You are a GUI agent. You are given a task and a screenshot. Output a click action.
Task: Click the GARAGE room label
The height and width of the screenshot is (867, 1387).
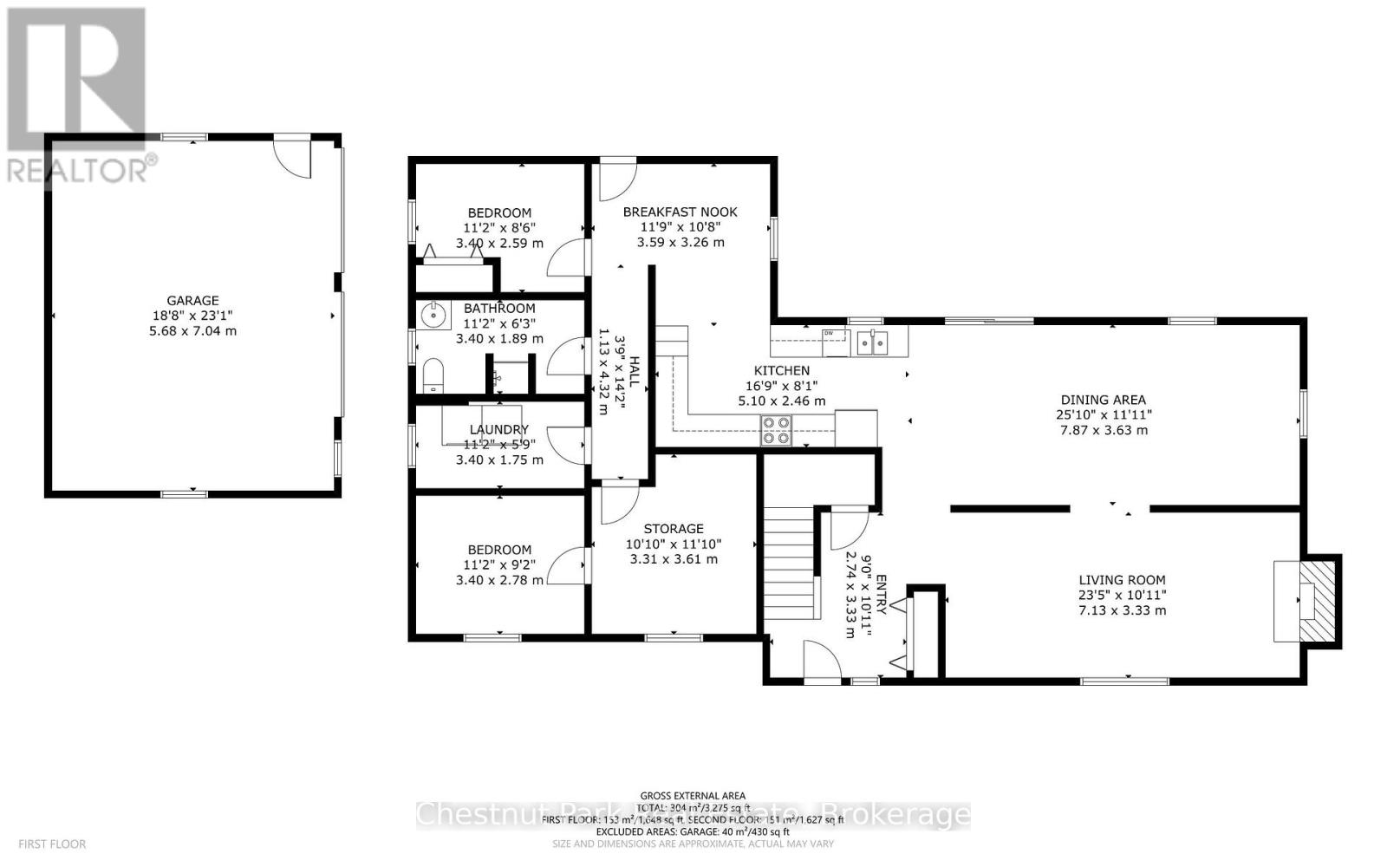(x=192, y=301)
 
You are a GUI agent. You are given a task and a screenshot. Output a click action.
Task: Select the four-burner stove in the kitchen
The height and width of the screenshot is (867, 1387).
(x=776, y=430)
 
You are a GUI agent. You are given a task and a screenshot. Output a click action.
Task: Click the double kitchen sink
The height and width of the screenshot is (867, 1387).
(x=872, y=343)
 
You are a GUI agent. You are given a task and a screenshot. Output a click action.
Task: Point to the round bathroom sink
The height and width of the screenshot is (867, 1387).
(x=433, y=316)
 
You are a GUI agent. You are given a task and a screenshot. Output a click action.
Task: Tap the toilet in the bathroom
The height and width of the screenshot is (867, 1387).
(x=432, y=377)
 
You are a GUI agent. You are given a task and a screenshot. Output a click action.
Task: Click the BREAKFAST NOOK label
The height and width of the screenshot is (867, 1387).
(x=680, y=212)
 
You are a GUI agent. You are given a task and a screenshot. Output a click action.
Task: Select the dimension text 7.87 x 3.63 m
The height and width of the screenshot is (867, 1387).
(x=1103, y=430)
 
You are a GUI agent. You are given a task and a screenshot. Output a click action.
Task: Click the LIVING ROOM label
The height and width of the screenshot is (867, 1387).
(x=1122, y=580)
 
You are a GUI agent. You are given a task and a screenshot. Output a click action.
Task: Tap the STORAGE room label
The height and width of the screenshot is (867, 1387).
(x=674, y=528)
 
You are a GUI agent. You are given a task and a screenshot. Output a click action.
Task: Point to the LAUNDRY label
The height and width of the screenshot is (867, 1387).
(x=498, y=429)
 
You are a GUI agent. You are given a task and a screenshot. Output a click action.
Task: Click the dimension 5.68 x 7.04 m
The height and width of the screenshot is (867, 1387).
(x=192, y=331)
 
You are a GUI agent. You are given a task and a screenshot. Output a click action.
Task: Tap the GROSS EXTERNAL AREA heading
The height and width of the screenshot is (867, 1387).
(x=692, y=795)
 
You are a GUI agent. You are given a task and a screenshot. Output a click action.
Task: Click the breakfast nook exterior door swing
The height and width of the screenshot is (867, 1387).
(x=617, y=179)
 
